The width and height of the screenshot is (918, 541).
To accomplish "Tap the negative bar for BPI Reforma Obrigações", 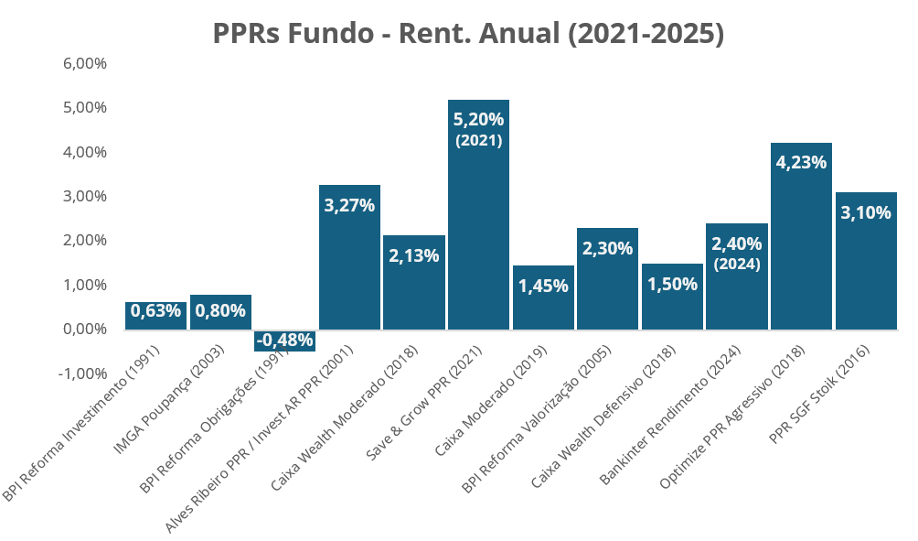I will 284,341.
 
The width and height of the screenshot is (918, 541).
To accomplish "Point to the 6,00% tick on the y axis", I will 85,64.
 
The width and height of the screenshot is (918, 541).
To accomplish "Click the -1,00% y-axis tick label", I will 83,373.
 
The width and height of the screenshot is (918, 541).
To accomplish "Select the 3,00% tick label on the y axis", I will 85,197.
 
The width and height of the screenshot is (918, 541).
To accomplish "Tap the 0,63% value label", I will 155,310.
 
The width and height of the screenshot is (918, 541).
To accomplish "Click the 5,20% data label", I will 478,120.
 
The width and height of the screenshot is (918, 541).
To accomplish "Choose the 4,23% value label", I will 801,163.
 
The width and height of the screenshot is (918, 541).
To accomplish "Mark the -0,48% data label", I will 284,341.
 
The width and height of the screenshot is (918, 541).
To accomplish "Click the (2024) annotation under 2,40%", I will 737,265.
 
